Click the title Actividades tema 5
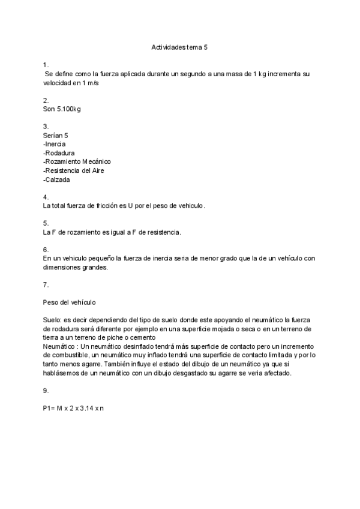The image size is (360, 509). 179,46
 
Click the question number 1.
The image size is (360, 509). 46,65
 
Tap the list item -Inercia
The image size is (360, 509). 55,144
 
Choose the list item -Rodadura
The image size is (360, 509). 59,153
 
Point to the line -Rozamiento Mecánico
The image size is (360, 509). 77,161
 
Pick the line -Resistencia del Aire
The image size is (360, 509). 73,170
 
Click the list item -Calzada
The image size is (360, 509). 56,179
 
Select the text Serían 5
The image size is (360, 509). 56,135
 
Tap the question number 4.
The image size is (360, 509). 46,197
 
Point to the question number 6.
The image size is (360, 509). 46,250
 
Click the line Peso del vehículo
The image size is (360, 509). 70,303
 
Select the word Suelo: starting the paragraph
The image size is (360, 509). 52,321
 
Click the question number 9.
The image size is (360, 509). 46,391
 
